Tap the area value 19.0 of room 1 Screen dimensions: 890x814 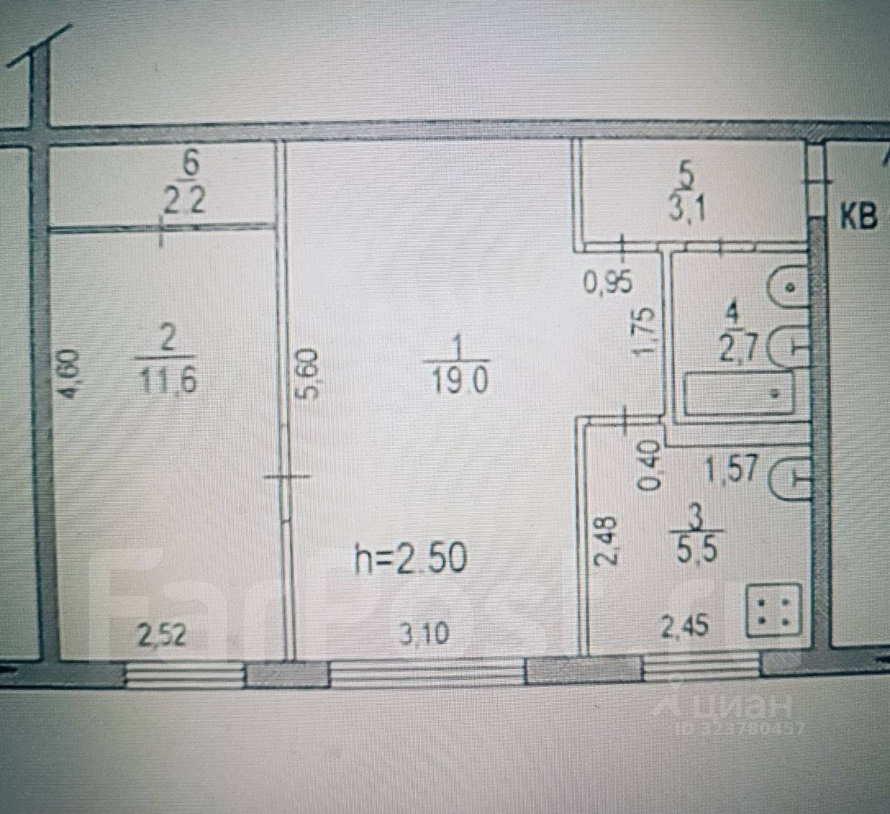(x=460, y=382)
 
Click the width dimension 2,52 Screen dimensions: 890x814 (x=163, y=635)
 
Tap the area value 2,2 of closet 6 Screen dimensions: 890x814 (x=184, y=202)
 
